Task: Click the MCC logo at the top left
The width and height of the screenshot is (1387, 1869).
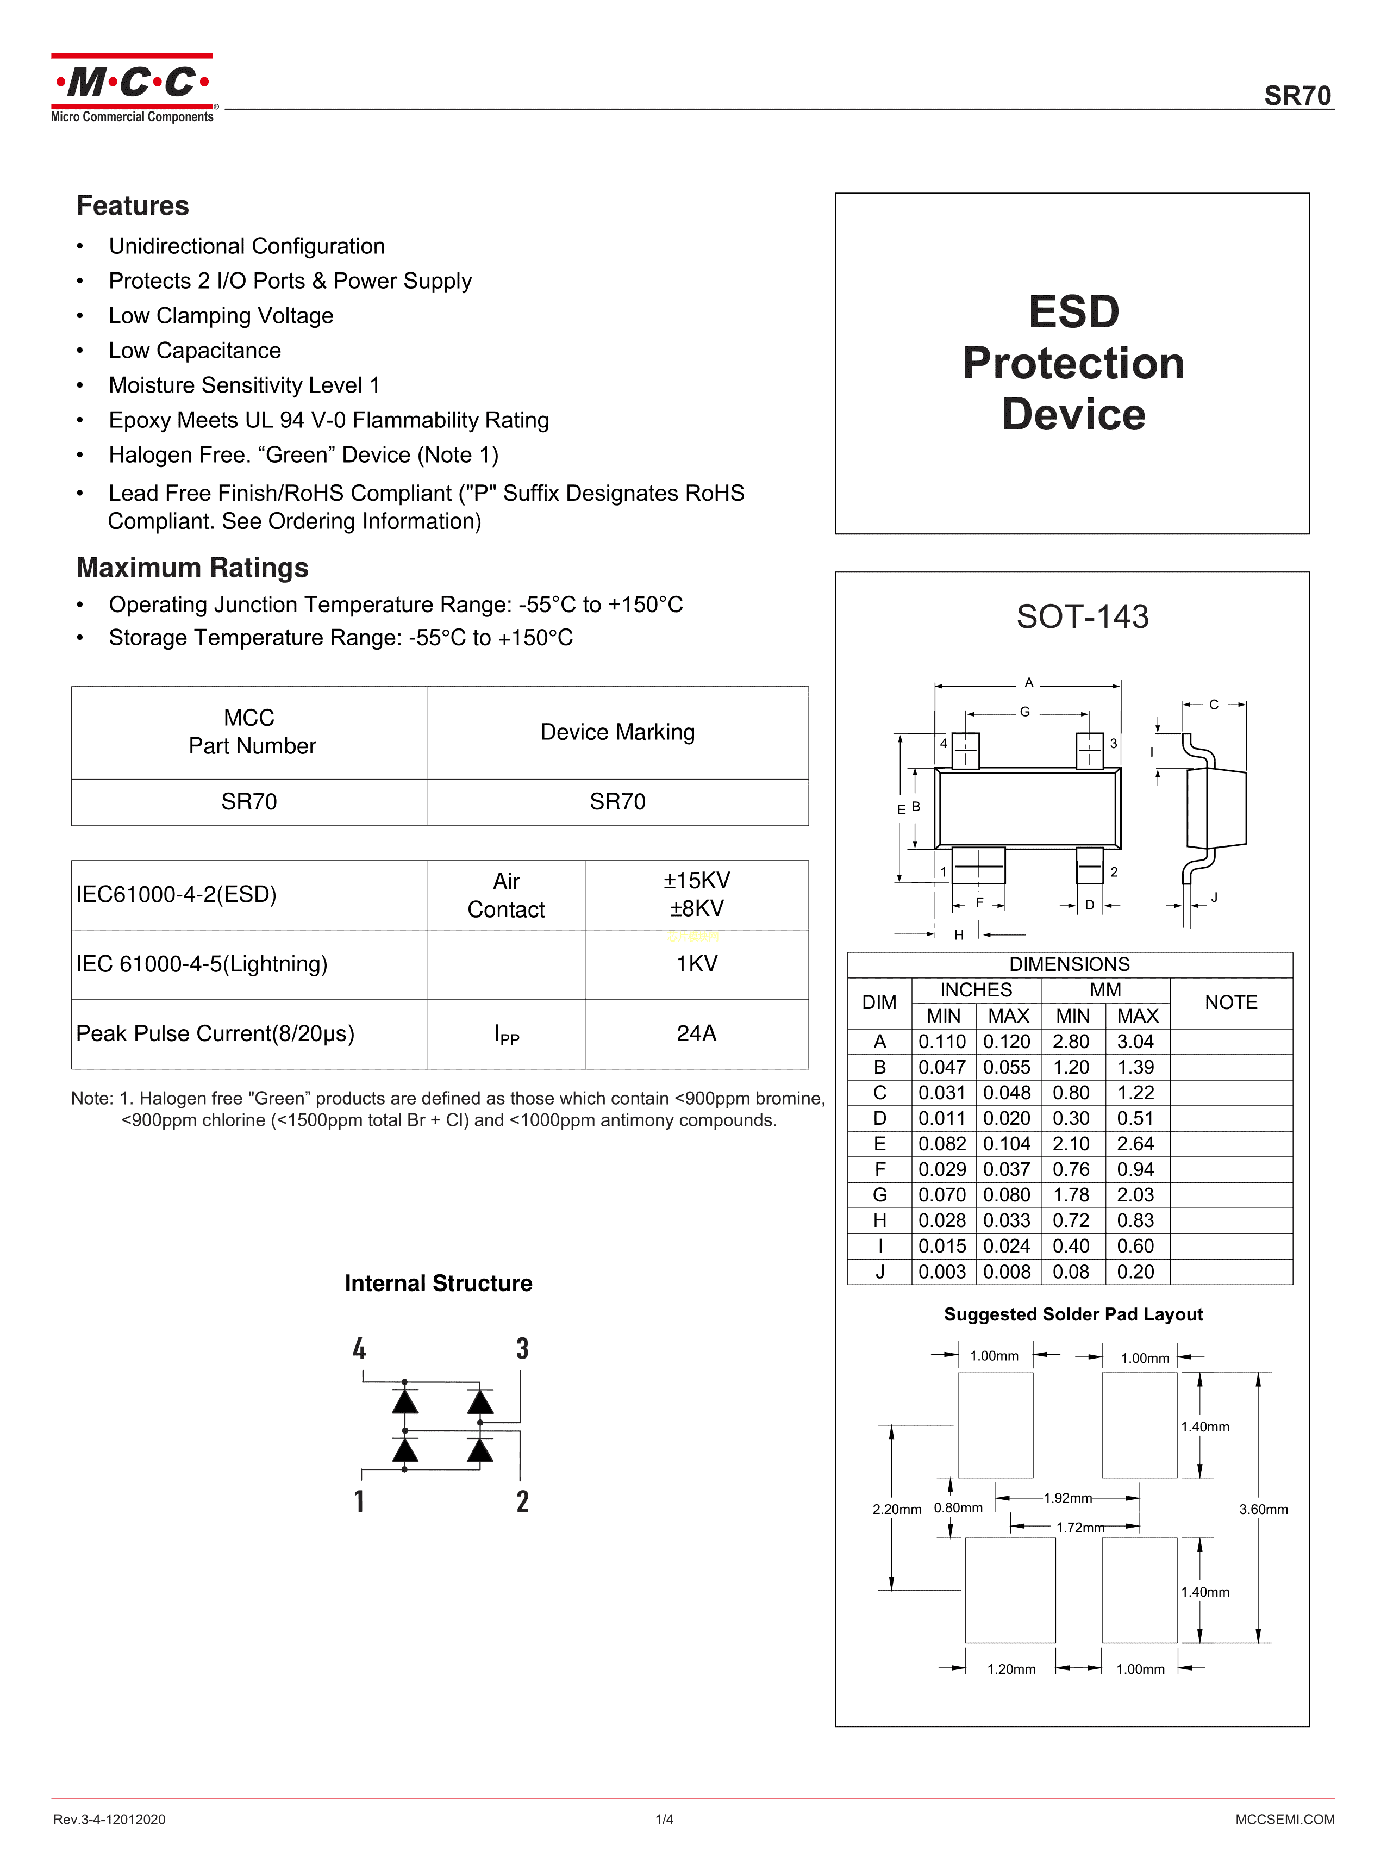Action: [x=133, y=88]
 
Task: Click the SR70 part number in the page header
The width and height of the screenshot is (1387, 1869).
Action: [x=1297, y=96]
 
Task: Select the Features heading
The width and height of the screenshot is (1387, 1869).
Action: [x=133, y=205]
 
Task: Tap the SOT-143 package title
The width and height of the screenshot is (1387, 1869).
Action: [x=1082, y=617]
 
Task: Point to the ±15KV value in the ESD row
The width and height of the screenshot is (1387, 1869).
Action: [x=696, y=881]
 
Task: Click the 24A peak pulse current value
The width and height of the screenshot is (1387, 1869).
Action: [x=696, y=1033]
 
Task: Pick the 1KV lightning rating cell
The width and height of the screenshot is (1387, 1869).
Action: [x=696, y=964]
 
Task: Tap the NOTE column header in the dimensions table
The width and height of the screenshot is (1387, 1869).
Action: [x=1231, y=1002]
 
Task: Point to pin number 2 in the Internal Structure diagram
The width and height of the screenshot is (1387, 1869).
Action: [x=522, y=1502]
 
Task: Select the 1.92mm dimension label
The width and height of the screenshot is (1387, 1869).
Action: [x=1068, y=1498]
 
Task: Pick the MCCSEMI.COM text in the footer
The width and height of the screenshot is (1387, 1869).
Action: [x=1285, y=1820]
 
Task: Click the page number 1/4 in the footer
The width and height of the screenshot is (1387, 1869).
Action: [x=664, y=1820]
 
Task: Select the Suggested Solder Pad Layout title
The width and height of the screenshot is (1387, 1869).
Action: [x=1073, y=1315]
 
